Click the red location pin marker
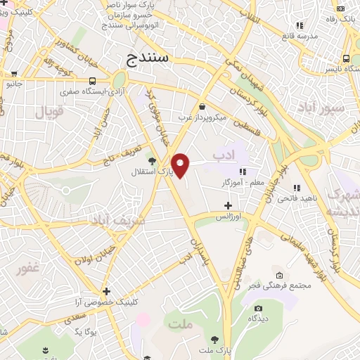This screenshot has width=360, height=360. [x=181, y=165]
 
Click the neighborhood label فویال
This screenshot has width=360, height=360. [x=49, y=111]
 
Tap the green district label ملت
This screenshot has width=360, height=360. [x=180, y=324]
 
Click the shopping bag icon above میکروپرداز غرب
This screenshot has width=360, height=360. [x=202, y=106]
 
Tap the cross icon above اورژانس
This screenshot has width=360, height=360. [x=227, y=206]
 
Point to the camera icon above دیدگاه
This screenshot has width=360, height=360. [x=258, y=308]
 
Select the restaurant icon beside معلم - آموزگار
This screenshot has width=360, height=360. [x=243, y=172]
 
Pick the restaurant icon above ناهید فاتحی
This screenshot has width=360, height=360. [x=296, y=188]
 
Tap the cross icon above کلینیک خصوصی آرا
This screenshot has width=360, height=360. [x=106, y=291]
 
